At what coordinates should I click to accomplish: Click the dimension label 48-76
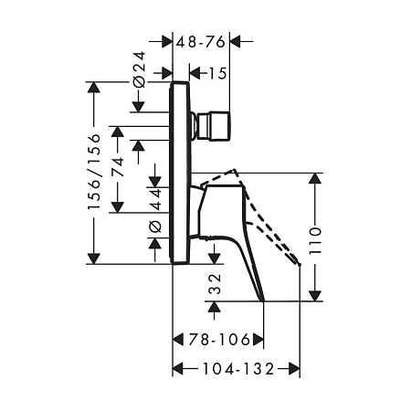click(x=201, y=42)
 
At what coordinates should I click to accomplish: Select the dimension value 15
click(x=218, y=73)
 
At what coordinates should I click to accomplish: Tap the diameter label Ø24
click(x=140, y=69)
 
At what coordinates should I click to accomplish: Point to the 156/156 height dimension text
click(x=94, y=172)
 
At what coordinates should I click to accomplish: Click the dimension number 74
click(x=118, y=167)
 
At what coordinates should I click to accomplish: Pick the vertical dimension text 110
click(x=315, y=241)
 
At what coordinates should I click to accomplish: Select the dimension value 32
click(x=215, y=284)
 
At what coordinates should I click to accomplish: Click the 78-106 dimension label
click(x=219, y=340)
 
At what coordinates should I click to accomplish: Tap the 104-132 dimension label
click(x=238, y=369)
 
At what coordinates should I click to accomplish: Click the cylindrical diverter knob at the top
click(x=214, y=126)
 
